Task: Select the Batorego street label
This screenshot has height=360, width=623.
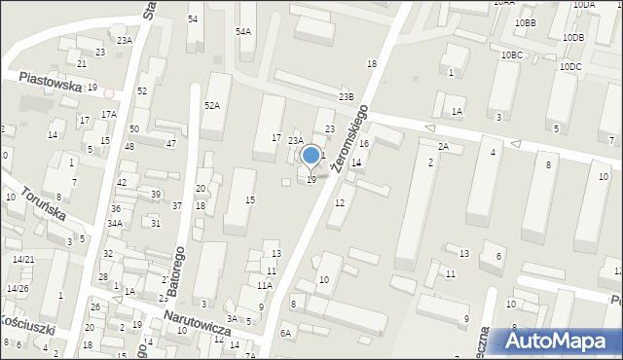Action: coord(178,262)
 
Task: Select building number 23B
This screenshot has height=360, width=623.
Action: coord(346,97)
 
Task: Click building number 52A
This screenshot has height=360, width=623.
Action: coord(211,105)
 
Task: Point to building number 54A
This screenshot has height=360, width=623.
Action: coord(242,32)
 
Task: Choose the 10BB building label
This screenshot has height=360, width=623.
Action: coord(526,21)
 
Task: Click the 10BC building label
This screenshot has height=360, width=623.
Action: coord(512,55)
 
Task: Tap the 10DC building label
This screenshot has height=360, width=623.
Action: coord(570,66)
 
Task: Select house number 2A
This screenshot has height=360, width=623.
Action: coord(443,146)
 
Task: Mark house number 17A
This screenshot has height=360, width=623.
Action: coord(110,114)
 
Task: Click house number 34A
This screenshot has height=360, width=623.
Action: coord(115,223)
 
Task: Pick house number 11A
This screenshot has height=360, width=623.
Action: coord(264,285)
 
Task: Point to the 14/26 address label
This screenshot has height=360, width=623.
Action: coord(18,288)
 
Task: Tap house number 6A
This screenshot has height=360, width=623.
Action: coord(285,333)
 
